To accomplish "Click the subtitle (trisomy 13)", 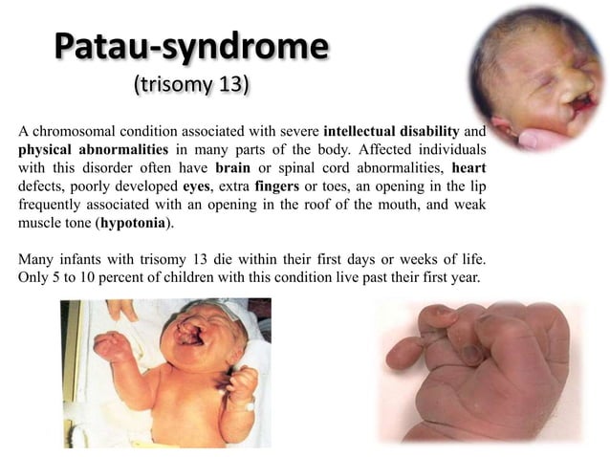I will (190, 85).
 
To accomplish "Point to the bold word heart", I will (468, 167).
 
